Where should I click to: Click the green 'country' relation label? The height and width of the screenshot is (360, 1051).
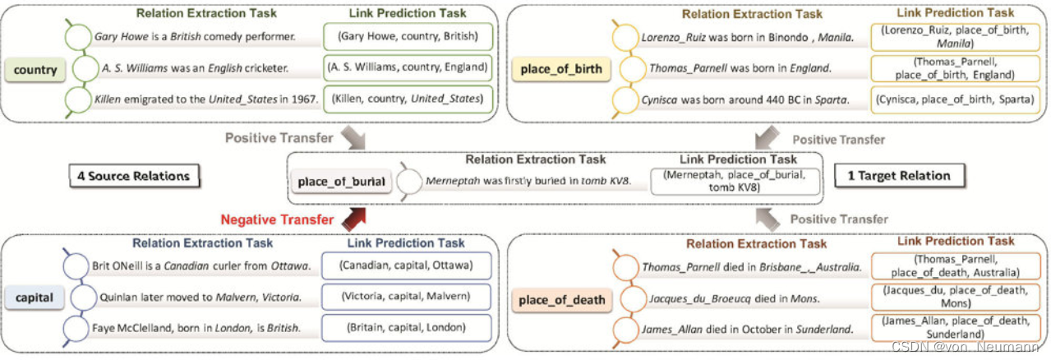[35, 70]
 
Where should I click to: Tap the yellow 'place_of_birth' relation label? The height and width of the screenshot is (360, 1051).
[566, 69]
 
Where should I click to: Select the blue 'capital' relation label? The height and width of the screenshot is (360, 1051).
[35, 298]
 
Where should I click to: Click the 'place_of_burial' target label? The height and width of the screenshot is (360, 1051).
[341, 182]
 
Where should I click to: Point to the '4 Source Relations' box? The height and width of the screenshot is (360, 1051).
[134, 176]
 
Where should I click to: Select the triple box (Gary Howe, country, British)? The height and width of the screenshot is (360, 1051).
[408, 37]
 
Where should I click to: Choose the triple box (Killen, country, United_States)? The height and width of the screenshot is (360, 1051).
[408, 100]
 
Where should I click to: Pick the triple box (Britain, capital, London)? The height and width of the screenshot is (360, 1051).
[408, 327]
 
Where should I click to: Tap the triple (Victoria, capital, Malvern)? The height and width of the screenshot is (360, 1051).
[408, 297]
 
